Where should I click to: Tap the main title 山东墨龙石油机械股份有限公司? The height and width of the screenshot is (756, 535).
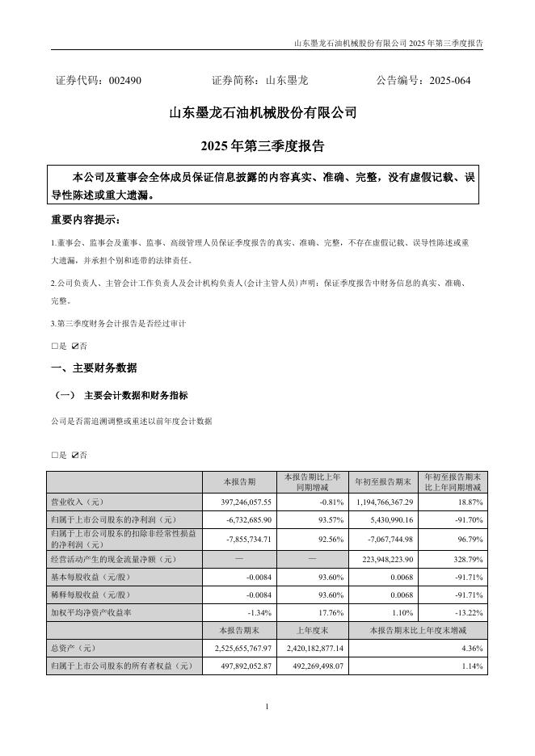pos(263,114)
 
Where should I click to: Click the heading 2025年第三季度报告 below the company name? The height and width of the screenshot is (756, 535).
pos(263,147)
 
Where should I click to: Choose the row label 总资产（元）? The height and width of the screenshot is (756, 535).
pos(74,648)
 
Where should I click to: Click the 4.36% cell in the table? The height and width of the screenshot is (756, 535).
pos(471,648)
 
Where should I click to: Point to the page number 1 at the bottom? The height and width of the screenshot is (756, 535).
pos(267,708)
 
